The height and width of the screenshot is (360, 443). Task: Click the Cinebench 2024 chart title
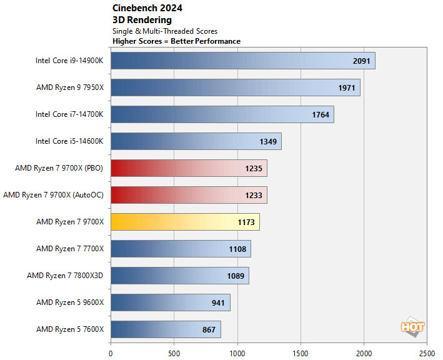(x=147, y=8)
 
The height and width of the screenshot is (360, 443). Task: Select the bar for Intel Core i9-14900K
(x=242, y=61)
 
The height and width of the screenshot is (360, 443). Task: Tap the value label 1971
(x=346, y=87)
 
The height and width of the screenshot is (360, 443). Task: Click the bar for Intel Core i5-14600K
(x=196, y=141)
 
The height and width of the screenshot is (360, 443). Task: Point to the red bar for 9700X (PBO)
(x=189, y=168)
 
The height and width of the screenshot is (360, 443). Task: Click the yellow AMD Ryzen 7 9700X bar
(x=185, y=222)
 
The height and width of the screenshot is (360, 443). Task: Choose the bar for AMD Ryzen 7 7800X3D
(x=179, y=276)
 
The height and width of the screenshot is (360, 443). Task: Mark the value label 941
(x=218, y=302)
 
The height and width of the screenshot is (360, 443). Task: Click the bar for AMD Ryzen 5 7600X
(x=166, y=329)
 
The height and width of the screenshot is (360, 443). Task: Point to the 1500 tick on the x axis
(x=301, y=351)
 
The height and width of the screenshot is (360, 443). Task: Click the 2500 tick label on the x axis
(x=427, y=351)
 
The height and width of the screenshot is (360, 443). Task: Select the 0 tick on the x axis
(x=111, y=351)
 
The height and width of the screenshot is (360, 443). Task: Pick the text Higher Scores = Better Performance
(x=176, y=41)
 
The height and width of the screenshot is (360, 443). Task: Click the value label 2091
(x=361, y=61)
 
